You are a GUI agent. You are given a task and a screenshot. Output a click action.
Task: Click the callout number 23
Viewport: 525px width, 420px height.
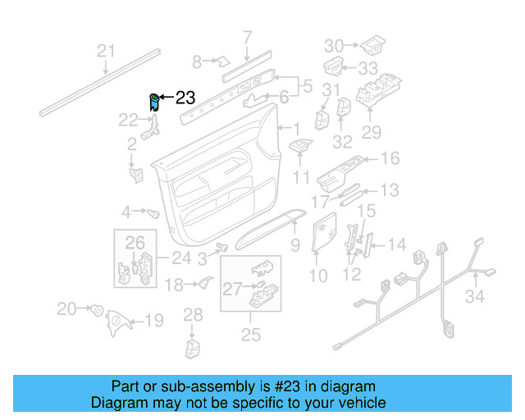coord(185,98)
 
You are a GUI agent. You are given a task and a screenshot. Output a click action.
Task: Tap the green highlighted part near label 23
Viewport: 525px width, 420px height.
coord(153,101)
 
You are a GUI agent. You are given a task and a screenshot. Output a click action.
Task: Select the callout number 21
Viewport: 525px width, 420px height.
coord(106,52)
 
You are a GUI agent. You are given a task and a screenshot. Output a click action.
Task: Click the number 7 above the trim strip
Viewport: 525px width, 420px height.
coord(247,36)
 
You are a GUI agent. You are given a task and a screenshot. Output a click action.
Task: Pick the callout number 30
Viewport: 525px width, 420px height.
coord(335,44)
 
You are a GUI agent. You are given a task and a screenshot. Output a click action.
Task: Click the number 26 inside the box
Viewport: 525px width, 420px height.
coord(135,242)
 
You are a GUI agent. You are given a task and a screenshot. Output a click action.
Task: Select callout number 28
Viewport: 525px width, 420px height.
coord(192,314)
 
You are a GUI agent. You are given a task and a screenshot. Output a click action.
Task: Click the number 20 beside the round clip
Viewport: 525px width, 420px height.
coord(66,308)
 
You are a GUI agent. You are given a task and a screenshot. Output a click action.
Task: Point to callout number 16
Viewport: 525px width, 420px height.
coord(390,158)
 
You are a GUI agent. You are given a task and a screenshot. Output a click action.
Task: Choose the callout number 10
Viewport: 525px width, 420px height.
coord(317,276)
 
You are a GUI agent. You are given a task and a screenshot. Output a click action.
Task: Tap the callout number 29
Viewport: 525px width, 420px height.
coord(372,131)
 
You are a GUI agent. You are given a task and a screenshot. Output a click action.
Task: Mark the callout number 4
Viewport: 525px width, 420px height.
coord(126,212)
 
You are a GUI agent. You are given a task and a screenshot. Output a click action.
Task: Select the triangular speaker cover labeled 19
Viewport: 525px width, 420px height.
coord(118,320)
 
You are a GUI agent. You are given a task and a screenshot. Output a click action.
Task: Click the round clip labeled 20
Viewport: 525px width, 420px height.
coord(96,309)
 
